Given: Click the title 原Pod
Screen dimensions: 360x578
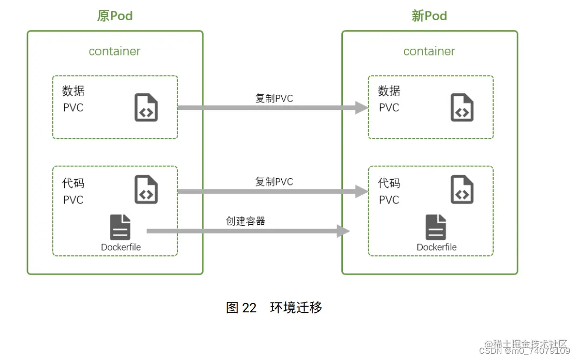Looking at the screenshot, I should coord(115,16).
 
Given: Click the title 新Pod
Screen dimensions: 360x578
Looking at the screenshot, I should coord(429,16).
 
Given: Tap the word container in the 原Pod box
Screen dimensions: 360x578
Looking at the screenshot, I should coord(114,51).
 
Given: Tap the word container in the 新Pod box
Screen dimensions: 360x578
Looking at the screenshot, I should coord(429,51).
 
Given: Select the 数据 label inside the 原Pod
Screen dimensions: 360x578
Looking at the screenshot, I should coord(73,91).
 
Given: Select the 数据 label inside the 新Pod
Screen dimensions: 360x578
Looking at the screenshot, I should coord(389,91).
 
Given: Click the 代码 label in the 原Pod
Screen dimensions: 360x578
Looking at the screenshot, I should coord(73,183).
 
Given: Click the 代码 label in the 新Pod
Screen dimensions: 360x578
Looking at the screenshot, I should coord(389,183).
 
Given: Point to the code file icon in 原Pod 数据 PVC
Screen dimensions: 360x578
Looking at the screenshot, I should coord(146,108).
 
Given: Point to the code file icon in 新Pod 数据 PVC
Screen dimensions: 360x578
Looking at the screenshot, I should coord(462,108).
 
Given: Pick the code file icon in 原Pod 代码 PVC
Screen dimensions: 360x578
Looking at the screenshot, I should coord(146,190).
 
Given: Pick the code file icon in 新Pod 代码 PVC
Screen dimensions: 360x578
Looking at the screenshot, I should coord(462,190).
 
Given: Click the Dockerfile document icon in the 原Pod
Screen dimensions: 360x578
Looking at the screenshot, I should coord(120,228).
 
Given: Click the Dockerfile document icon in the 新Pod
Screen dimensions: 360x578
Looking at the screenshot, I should coord(436,228).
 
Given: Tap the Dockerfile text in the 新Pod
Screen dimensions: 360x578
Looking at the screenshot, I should coord(437,248).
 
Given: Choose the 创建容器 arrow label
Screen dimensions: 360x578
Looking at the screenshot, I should coord(245,221).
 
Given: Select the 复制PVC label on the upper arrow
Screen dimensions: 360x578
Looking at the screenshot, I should coord(274,98).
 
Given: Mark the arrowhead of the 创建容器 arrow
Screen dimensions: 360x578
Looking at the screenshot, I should coord(343,231).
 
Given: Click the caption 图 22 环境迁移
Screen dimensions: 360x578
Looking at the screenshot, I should coord(274,308).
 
